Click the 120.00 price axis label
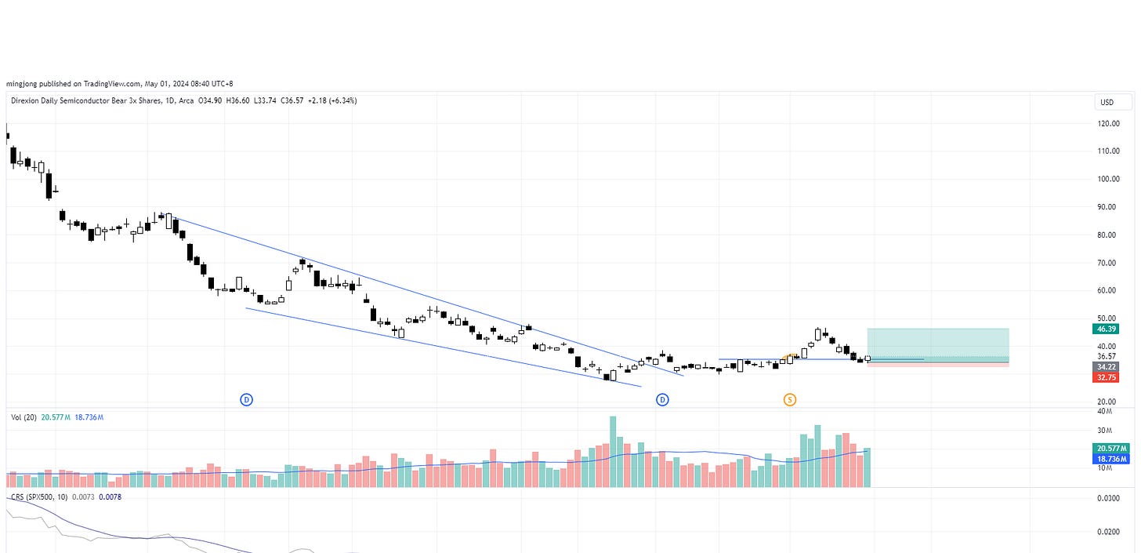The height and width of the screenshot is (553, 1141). [x=1108, y=123]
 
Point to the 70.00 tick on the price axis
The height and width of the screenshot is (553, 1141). [x=1108, y=263]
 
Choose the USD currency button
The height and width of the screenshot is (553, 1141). [x=1113, y=103]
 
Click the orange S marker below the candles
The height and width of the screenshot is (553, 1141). [x=790, y=400]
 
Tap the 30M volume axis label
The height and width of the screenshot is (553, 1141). [x=1105, y=431]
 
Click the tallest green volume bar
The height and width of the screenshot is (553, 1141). [x=613, y=452]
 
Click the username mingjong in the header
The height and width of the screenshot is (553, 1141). [x=23, y=83]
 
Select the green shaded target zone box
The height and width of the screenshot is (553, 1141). [x=937, y=342]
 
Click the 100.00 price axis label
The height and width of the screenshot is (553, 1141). [x=1108, y=179]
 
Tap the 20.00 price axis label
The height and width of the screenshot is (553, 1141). [x=1108, y=402]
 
